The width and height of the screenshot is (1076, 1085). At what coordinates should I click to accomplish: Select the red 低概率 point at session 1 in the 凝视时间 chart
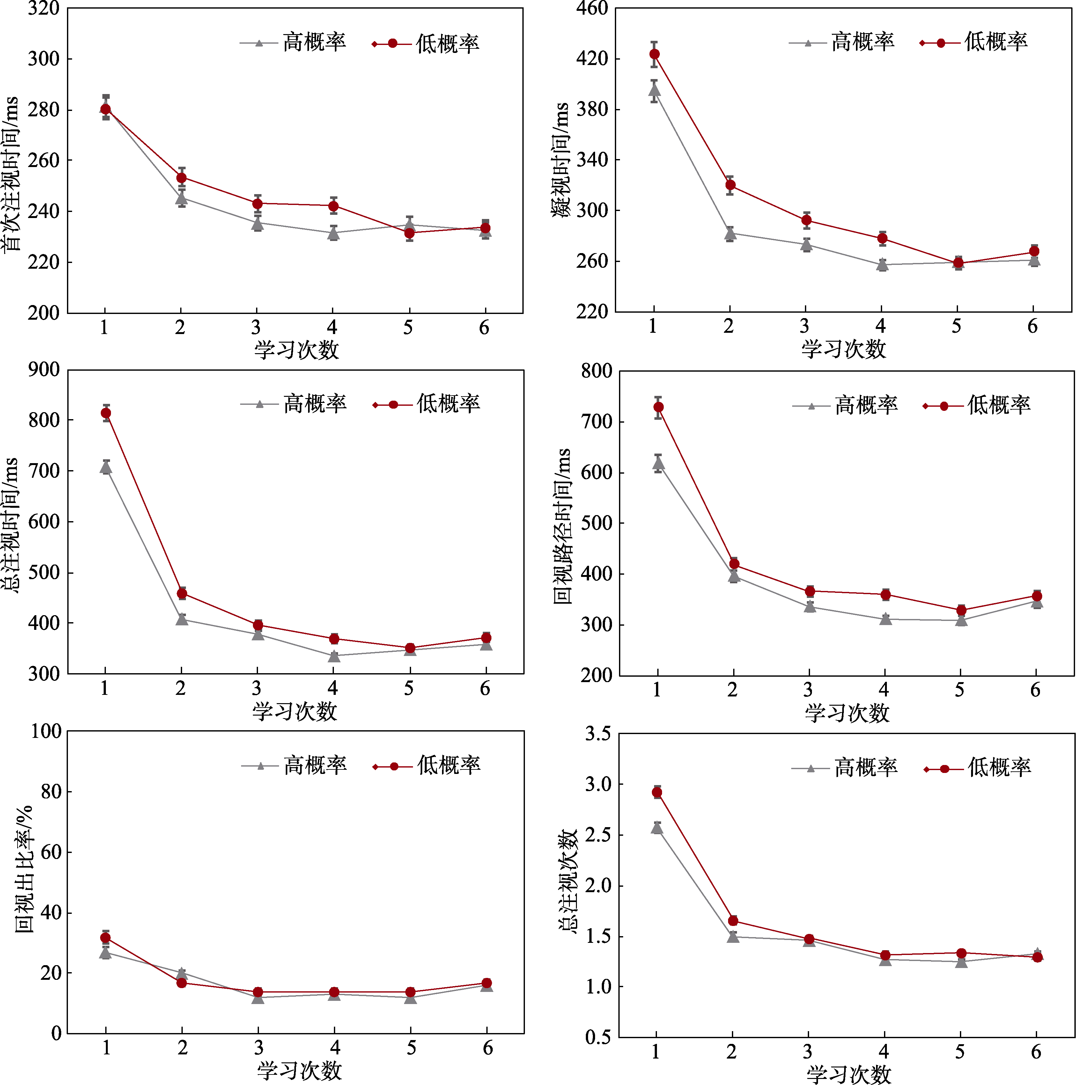point(654,54)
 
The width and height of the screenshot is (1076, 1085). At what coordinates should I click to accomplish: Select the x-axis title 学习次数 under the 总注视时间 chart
point(294,711)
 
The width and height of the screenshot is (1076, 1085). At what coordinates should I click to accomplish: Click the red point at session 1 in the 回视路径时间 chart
point(658,407)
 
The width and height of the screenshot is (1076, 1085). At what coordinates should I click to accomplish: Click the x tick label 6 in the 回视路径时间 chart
point(1035,690)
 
